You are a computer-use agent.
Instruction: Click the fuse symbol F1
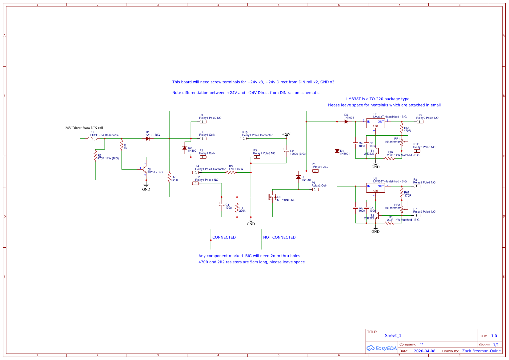click(x=92, y=139)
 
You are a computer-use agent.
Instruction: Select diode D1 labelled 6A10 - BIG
click(x=148, y=139)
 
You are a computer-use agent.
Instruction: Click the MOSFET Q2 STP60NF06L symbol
click(x=272, y=197)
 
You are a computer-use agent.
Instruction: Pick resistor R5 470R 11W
click(x=95, y=155)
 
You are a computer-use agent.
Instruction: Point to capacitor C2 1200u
click(x=286, y=151)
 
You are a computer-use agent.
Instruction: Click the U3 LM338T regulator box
click(x=375, y=123)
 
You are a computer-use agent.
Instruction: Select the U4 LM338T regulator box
click(x=375, y=188)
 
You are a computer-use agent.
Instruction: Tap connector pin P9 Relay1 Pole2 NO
click(x=203, y=122)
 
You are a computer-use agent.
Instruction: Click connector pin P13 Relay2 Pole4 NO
click(x=420, y=122)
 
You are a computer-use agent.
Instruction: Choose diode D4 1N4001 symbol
click(x=337, y=151)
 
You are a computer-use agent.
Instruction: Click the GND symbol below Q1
click(x=146, y=186)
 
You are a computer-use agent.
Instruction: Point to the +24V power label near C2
click(x=286, y=134)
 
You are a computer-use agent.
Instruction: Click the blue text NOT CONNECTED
click(x=279, y=238)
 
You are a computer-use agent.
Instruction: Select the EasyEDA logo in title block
click(x=382, y=348)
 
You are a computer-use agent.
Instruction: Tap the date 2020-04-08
click(x=424, y=351)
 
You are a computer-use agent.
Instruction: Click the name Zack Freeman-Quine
click(x=481, y=351)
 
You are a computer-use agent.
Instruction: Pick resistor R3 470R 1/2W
click(x=231, y=173)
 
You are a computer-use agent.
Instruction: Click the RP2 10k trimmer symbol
click(x=402, y=209)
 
